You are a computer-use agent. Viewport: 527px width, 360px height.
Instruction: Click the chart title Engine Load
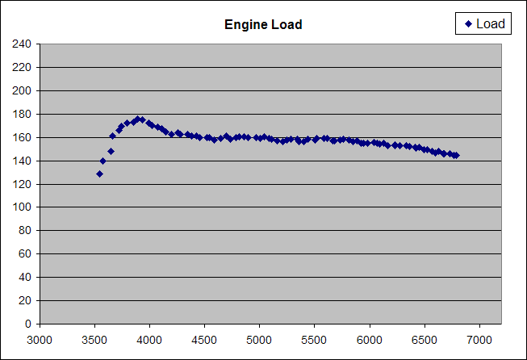(263, 25)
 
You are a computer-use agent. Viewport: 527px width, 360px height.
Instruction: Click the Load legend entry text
(490, 24)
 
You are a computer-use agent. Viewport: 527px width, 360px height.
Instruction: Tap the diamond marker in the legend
(468, 24)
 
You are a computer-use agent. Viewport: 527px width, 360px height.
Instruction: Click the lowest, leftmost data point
(99, 174)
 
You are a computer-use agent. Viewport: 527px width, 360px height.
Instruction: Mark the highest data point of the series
(140, 119)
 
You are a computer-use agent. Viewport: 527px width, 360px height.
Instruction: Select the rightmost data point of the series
(456, 155)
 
